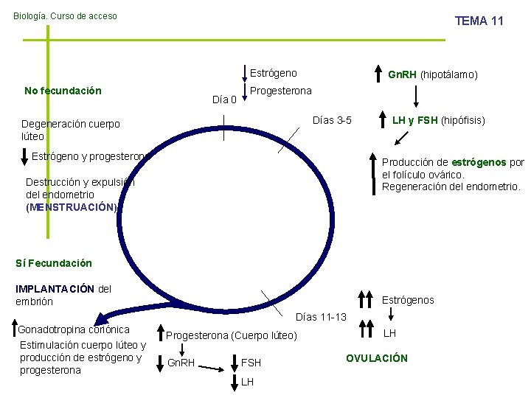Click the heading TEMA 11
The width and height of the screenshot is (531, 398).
click(479, 21)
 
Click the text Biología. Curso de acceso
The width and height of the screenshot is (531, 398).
click(65, 15)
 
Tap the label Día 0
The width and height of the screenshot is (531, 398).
click(224, 99)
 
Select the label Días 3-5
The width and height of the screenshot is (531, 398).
click(333, 120)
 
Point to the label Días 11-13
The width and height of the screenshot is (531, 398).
click(320, 317)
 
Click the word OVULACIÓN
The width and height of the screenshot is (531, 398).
click(376, 358)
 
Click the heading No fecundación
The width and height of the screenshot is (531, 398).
click(63, 91)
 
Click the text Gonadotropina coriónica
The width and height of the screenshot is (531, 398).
click(74, 329)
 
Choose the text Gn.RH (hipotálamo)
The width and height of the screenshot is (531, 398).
click(433, 74)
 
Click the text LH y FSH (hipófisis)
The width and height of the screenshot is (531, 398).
click(438, 120)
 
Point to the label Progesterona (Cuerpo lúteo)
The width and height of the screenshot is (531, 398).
click(231, 336)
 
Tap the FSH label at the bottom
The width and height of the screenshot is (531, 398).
click(251, 363)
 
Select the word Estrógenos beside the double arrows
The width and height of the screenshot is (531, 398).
click(408, 300)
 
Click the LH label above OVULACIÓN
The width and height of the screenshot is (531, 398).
click(390, 333)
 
